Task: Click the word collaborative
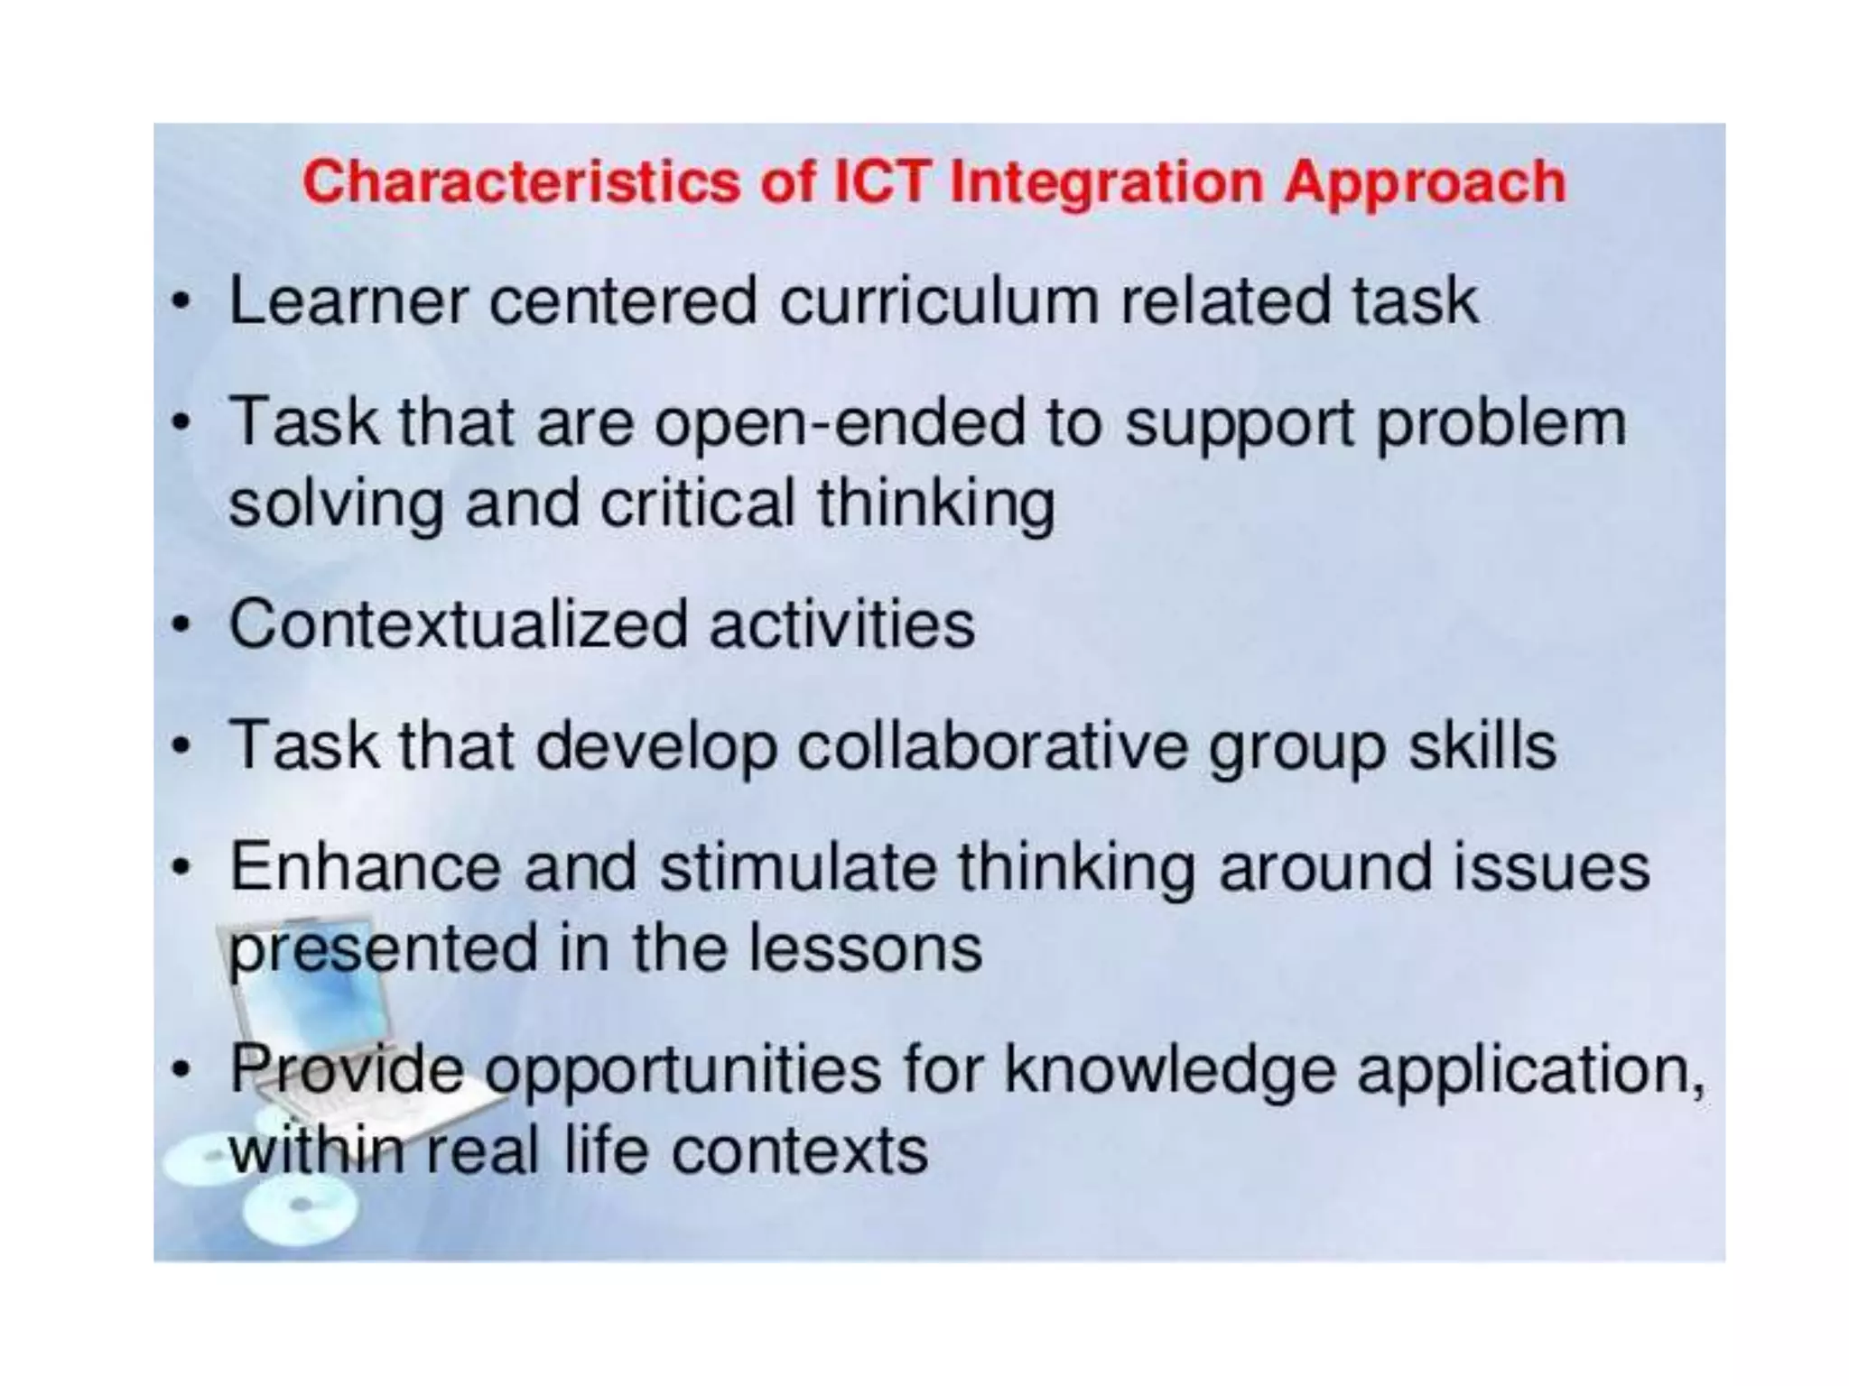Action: (x=992, y=746)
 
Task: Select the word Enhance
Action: (x=366, y=867)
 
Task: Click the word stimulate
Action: (x=798, y=867)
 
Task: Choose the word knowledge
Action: (x=1170, y=1070)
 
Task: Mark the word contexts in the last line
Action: (x=800, y=1150)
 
